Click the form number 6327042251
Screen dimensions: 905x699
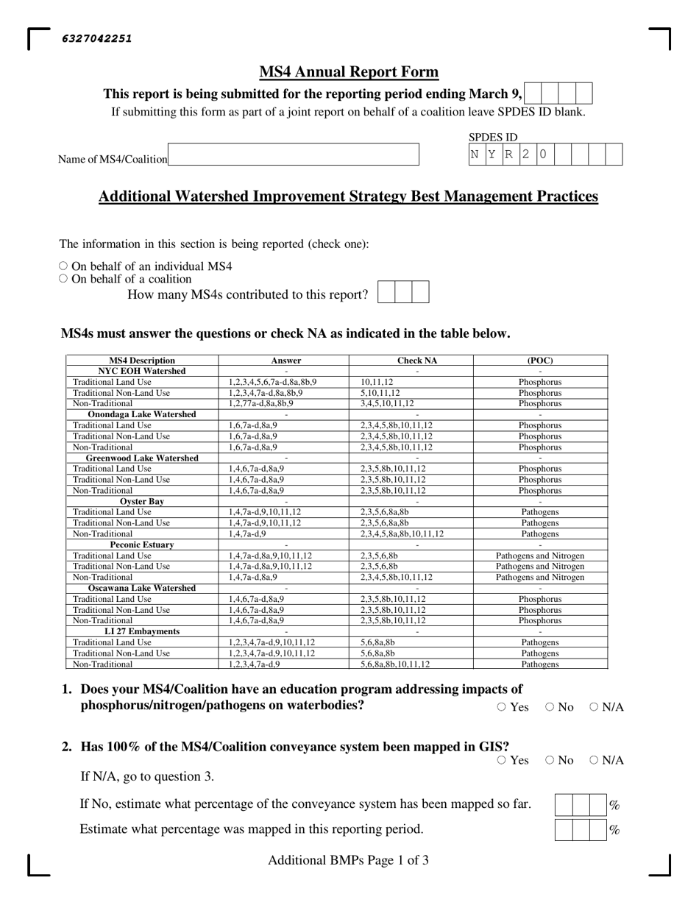pyautogui.click(x=97, y=39)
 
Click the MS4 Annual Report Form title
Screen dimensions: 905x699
pyautogui.click(x=349, y=72)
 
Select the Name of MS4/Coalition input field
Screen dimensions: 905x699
pyautogui.click(x=293, y=155)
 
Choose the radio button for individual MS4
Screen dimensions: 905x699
pyautogui.click(x=63, y=266)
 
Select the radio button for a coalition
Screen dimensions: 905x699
pyautogui.click(x=63, y=279)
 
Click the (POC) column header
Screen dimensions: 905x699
pyautogui.click(x=540, y=361)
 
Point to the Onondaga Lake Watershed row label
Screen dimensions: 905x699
pyautogui.click(x=142, y=414)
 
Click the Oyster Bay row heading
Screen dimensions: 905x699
pyautogui.click(x=142, y=501)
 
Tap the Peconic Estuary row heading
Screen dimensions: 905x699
pyautogui.click(x=142, y=544)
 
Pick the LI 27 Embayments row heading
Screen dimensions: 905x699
pyautogui.click(x=142, y=631)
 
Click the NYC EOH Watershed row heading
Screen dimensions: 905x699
pyautogui.click(x=142, y=371)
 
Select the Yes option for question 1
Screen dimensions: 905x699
pyautogui.click(x=502, y=707)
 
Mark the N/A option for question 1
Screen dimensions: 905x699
pyautogui.click(x=594, y=707)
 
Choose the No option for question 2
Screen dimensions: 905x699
pyautogui.click(x=550, y=760)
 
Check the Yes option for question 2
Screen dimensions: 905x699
pyautogui.click(x=502, y=760)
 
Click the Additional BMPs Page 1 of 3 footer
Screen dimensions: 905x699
pyautogui.click(x=348, y=860)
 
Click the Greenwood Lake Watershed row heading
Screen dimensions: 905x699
pyautogui.click(x=142, y=458)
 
